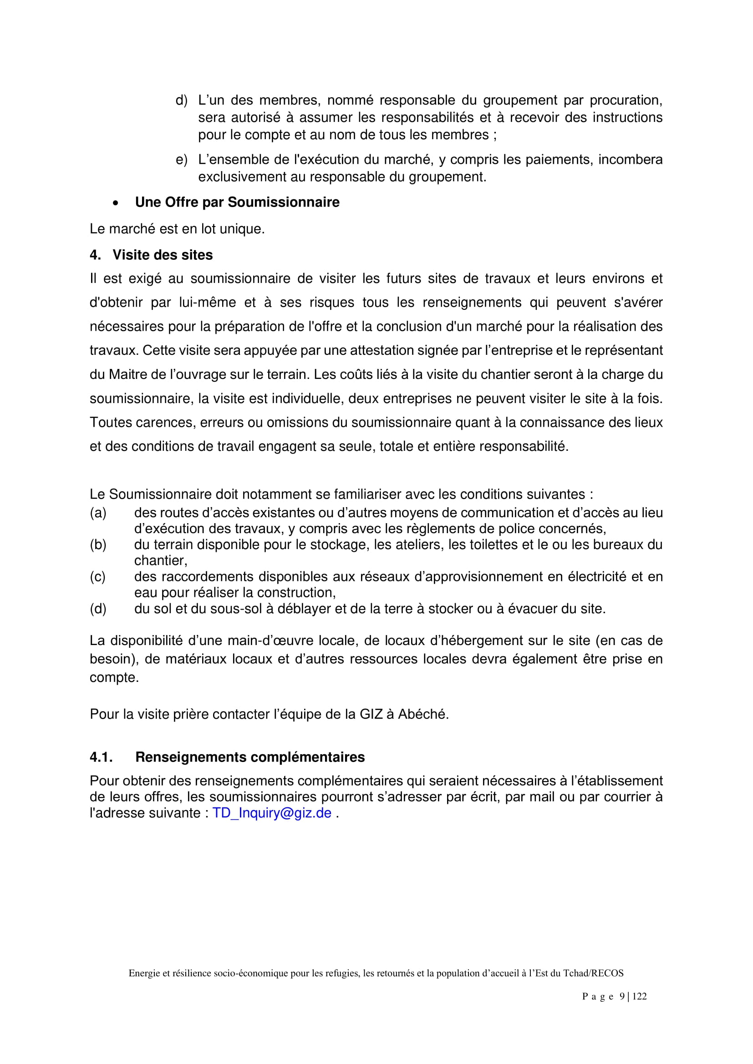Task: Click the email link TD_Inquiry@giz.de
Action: [x=272, y=813]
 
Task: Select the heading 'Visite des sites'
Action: [x=162, y=255]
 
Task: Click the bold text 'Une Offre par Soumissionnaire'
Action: [x=237, y=202]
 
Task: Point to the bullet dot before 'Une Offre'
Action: [x=116, y=203]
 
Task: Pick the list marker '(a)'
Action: [x=98, y=513]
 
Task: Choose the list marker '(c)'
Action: [x=98, y=576]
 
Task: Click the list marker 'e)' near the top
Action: [x=181, y=160]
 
